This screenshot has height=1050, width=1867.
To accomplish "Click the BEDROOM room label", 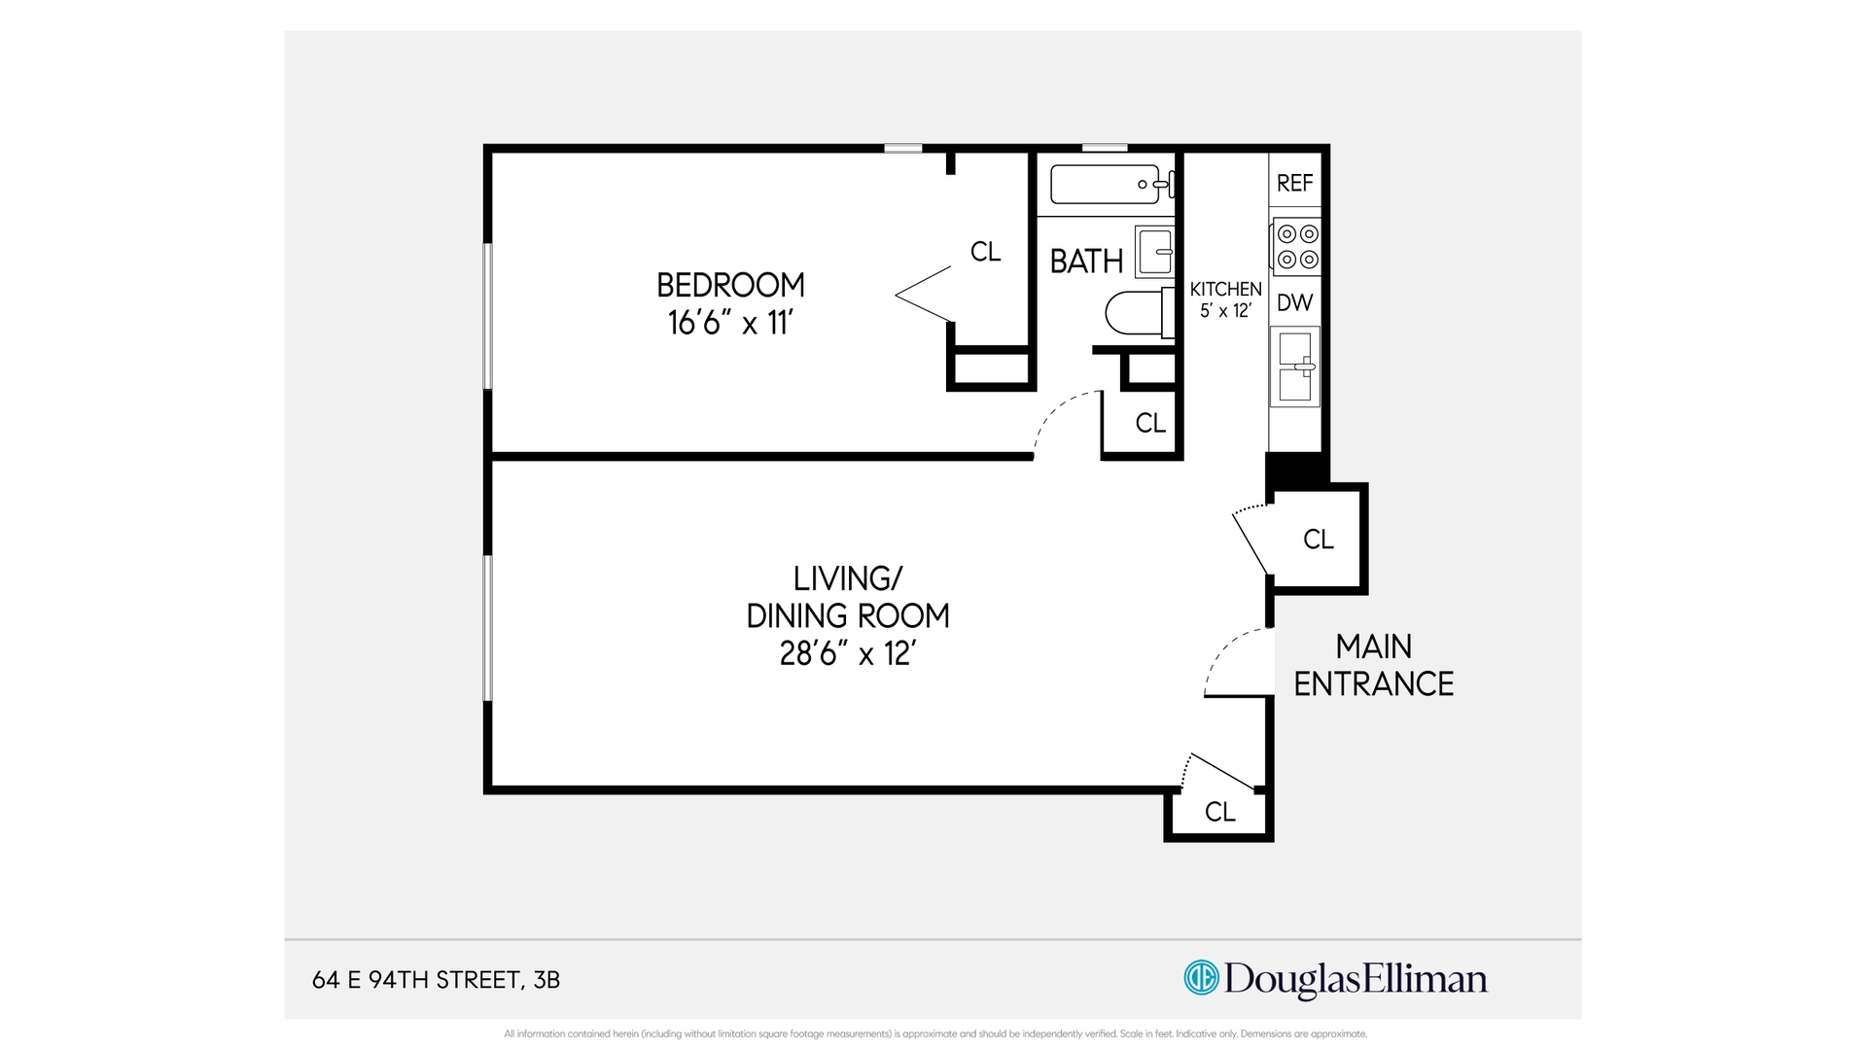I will [730, 285].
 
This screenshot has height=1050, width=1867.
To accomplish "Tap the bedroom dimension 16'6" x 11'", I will [730, 323].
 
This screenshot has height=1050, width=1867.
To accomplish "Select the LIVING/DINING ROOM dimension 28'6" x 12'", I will [848, 653].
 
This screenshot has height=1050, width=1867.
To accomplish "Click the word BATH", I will [1086, 262].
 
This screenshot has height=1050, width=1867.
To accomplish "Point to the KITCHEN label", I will [1225, 289].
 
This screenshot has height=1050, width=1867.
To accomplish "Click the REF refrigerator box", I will [1294, 183].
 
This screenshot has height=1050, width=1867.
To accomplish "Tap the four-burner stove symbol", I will [1297, 246].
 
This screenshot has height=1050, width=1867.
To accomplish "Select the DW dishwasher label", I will [1294, 302].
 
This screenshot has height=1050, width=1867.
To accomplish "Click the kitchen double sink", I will [1295, 367].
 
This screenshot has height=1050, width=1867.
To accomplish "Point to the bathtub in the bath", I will [1106, 184].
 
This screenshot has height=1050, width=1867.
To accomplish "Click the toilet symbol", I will [1136, 312].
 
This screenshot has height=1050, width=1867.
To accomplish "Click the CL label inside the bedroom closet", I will [985, 252].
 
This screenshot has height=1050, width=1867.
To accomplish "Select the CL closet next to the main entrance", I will [1318, 539].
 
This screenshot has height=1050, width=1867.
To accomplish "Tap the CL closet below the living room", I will [1219, 812].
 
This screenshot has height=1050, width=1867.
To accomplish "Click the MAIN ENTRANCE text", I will [1373, 665].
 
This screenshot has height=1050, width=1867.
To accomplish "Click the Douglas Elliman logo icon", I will [1201, 977].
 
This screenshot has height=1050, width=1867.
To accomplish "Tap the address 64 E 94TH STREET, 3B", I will [436, 980].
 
